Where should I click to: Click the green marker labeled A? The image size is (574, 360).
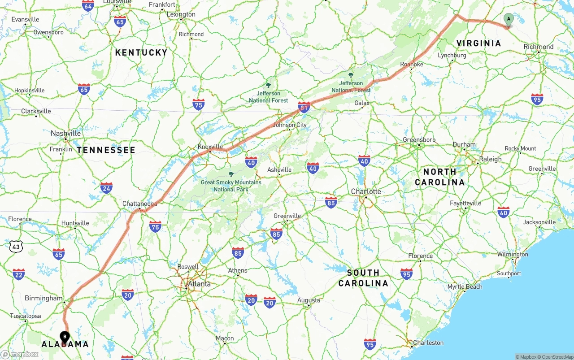pos(508,19)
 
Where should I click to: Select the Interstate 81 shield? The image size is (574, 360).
pos(304,107)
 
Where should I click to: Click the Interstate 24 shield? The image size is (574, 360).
pos(106,188)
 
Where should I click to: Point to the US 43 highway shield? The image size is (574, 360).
pos(16,246)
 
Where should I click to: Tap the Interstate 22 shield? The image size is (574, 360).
pos(18,274)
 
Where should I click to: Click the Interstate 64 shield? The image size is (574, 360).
pos(88,5)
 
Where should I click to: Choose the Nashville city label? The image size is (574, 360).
pos(65,133)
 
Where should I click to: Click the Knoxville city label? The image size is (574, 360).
pos(210,147)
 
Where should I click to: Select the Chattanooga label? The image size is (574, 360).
pos(140,204)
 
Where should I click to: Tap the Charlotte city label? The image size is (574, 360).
pos(366,191)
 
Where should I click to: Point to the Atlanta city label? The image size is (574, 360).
pos(199,284)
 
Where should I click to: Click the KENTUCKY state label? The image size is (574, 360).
pos(141,52)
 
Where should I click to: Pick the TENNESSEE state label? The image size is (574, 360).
pos(106,150)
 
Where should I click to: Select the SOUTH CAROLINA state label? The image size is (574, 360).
pos(363,278)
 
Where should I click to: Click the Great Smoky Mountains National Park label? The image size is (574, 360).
pos(231,186)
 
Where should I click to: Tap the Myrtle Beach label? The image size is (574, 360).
pos(465,287)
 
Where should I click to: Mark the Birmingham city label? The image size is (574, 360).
pos(43,298)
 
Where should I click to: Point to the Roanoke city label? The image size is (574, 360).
pos(411,65)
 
